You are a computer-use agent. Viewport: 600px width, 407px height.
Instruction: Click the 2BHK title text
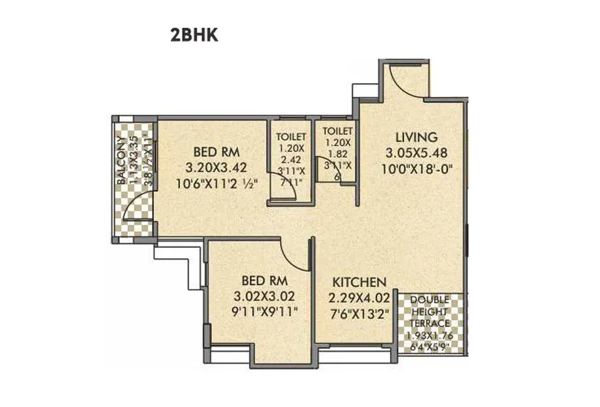(195, 36)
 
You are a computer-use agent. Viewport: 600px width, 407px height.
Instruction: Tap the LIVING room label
(416, 138)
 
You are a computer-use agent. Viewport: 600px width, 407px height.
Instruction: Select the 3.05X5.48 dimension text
(416, 153)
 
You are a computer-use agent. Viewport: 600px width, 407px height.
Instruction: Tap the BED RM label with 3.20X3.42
(216, 150)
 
